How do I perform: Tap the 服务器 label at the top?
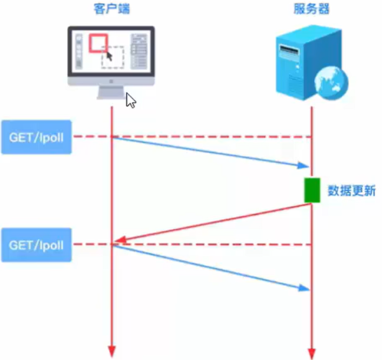tap(310, 10)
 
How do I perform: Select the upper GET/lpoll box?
tap(36, 136)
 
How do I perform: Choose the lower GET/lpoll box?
tap(36, 244)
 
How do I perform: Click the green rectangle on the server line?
tap(312, 190)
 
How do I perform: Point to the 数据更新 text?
tap(352, 191)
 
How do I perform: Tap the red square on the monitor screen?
tap(98, 42)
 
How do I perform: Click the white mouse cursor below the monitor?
tap(131, 100)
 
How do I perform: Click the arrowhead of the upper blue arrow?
tap(304, 165)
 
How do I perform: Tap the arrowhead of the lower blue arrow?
tap(304, 288)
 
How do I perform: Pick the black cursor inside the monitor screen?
tap(109, 55)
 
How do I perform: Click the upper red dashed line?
tap(212, 136)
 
